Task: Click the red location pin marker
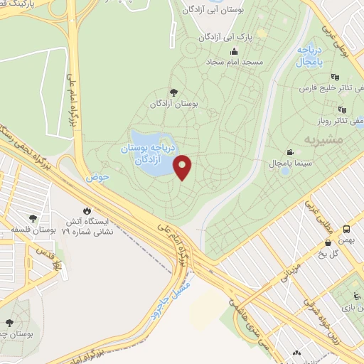183,166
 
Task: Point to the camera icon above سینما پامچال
290,153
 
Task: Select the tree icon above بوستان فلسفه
33,218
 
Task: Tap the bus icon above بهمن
347,230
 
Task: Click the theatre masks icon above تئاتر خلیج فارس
335,77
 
